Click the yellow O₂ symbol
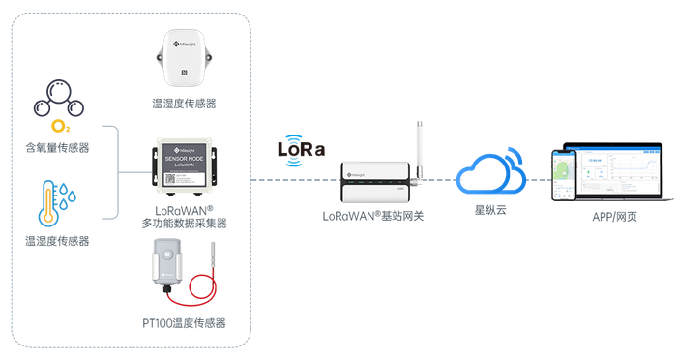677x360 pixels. point(60,126)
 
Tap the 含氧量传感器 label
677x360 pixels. point(57,148)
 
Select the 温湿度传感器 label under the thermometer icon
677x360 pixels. point(57,240)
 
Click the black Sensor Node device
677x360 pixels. point(184,165)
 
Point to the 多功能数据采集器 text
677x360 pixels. point(184,224)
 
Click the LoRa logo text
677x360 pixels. point(301,150)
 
